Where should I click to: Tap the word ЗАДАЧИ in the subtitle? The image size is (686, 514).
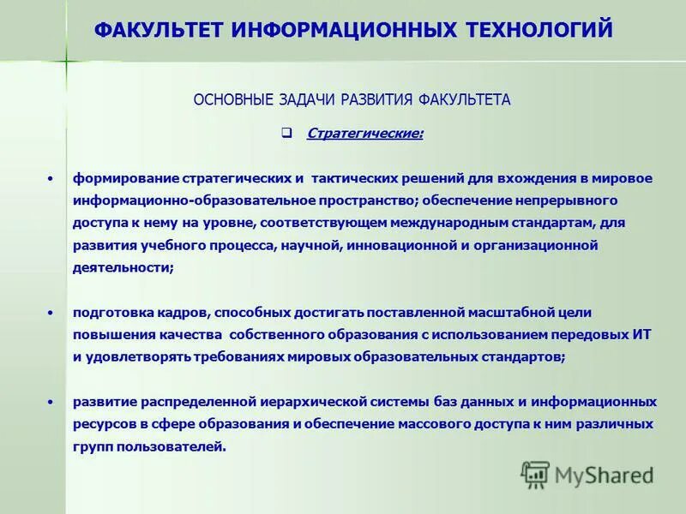click(308, 100)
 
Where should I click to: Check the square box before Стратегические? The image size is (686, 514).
click(287, 134)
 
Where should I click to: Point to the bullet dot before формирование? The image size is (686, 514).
click(51, 178)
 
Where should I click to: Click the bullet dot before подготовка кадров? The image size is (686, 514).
click(51, 312)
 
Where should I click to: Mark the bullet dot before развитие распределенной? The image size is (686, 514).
click(51, 401)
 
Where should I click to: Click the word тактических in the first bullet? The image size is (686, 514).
click(352, 178)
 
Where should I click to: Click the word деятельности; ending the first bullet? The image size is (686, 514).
click(123, 268)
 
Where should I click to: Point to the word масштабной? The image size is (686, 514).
click(505, 313)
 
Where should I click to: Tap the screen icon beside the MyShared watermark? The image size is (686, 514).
click(536, 474)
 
